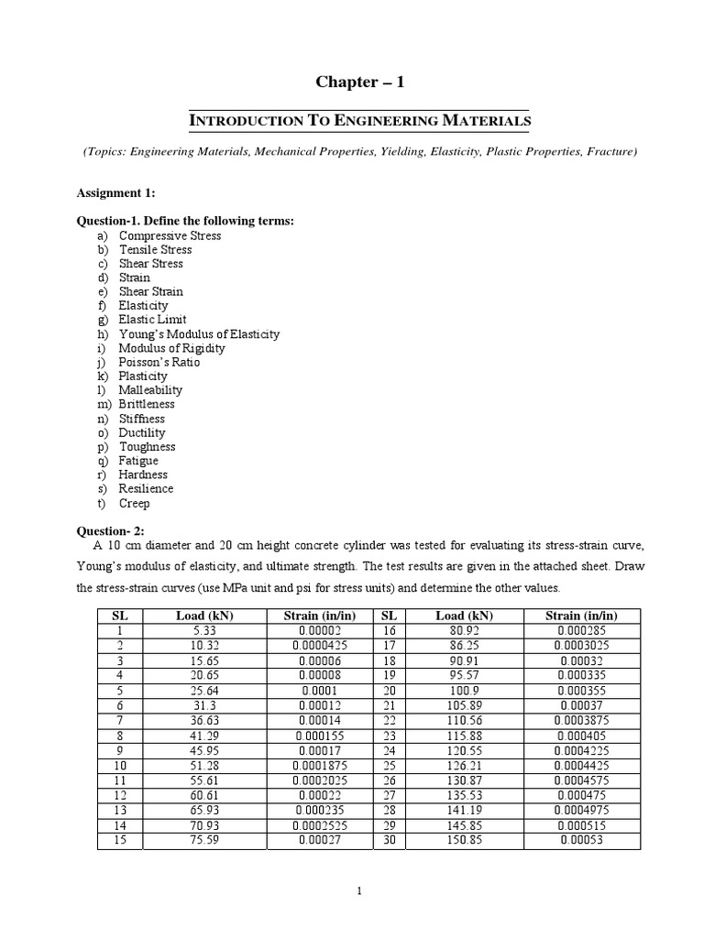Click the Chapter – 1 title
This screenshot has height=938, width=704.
pyautogui.click(x=359, y=82)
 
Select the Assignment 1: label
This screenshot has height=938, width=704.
pyautogui.click(x=115, y=193)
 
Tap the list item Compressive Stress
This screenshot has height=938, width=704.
pyautogui.click(x=170, y=235)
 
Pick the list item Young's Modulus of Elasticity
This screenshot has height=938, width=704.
pyautogui.click(x=199, y=334)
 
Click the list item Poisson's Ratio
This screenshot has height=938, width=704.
pyautogui.click(x=159, y=362)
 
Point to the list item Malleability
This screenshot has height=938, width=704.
pyautogui.click(x=150, y=390)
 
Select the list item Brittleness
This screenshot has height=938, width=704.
pyautogui.click(x=147, y=404)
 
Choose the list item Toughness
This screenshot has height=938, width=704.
pyautogui.click(x=147, y=446)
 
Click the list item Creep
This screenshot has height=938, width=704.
pyautogui.click(x=134, y=503)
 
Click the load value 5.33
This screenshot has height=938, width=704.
pyautogui.click(x=204, y=630)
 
